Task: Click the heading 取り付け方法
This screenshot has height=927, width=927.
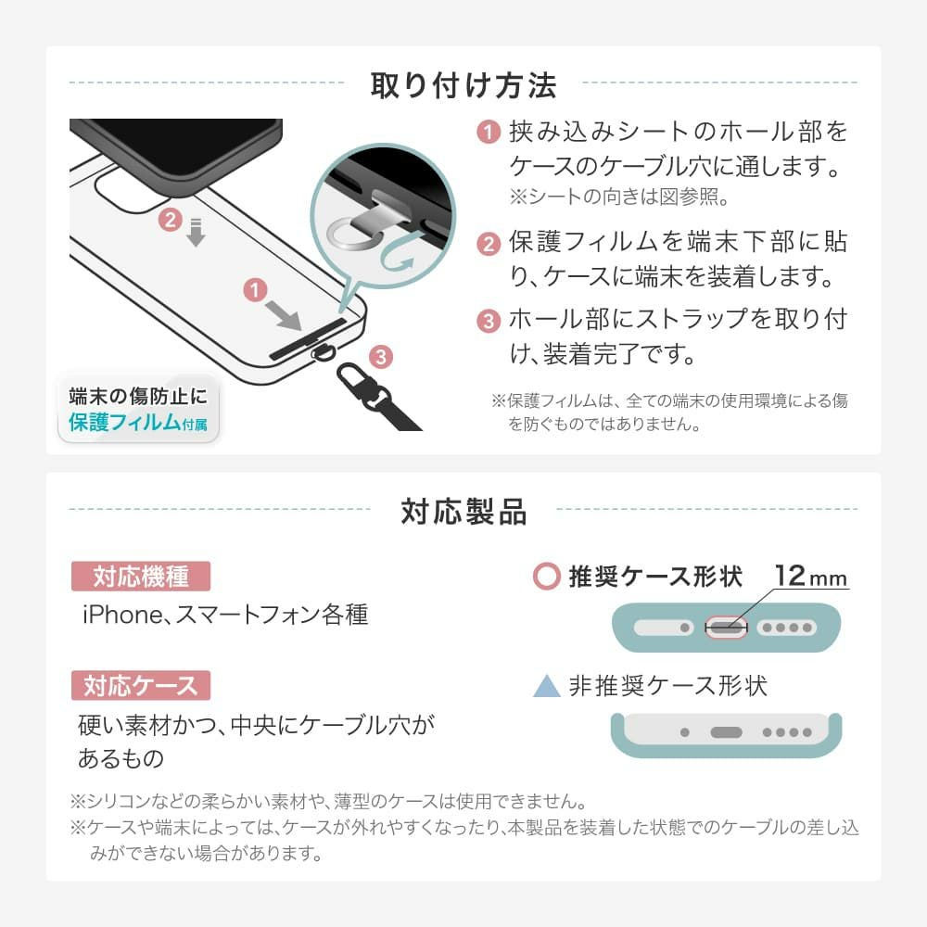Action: pyautogui.click(x=463, y=85)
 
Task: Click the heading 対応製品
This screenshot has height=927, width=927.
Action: pyautogui.click(x=463, y=512)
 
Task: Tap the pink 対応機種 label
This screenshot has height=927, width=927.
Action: pyautogui.click(x=141, y=577)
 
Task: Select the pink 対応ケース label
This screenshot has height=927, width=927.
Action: pyautogui.click(x=141, y=686)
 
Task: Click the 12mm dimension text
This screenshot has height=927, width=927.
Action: pyautogui.click(x=811, y=576)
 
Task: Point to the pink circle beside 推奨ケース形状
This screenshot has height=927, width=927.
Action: pyautogui.click(x=547, y=577)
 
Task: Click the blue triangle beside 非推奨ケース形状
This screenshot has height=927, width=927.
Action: pyautogui.click(x=547, y=686)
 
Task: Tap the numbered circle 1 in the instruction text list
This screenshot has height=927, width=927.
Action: pyautogui.click(x=489, y=132)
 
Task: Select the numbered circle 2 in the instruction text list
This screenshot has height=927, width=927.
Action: pyautogui.click(x=489, y=244)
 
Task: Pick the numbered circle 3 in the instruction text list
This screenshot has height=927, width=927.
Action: pyautogui.click(x=489, y=321)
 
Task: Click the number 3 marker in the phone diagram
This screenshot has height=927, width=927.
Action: pyautogui.click(x=381, y=357)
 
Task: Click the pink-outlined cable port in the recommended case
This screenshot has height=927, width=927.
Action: pyautogui.click(x=727, y=628)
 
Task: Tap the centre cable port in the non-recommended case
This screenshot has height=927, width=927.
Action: pyautogui.click(x=726, y=732)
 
